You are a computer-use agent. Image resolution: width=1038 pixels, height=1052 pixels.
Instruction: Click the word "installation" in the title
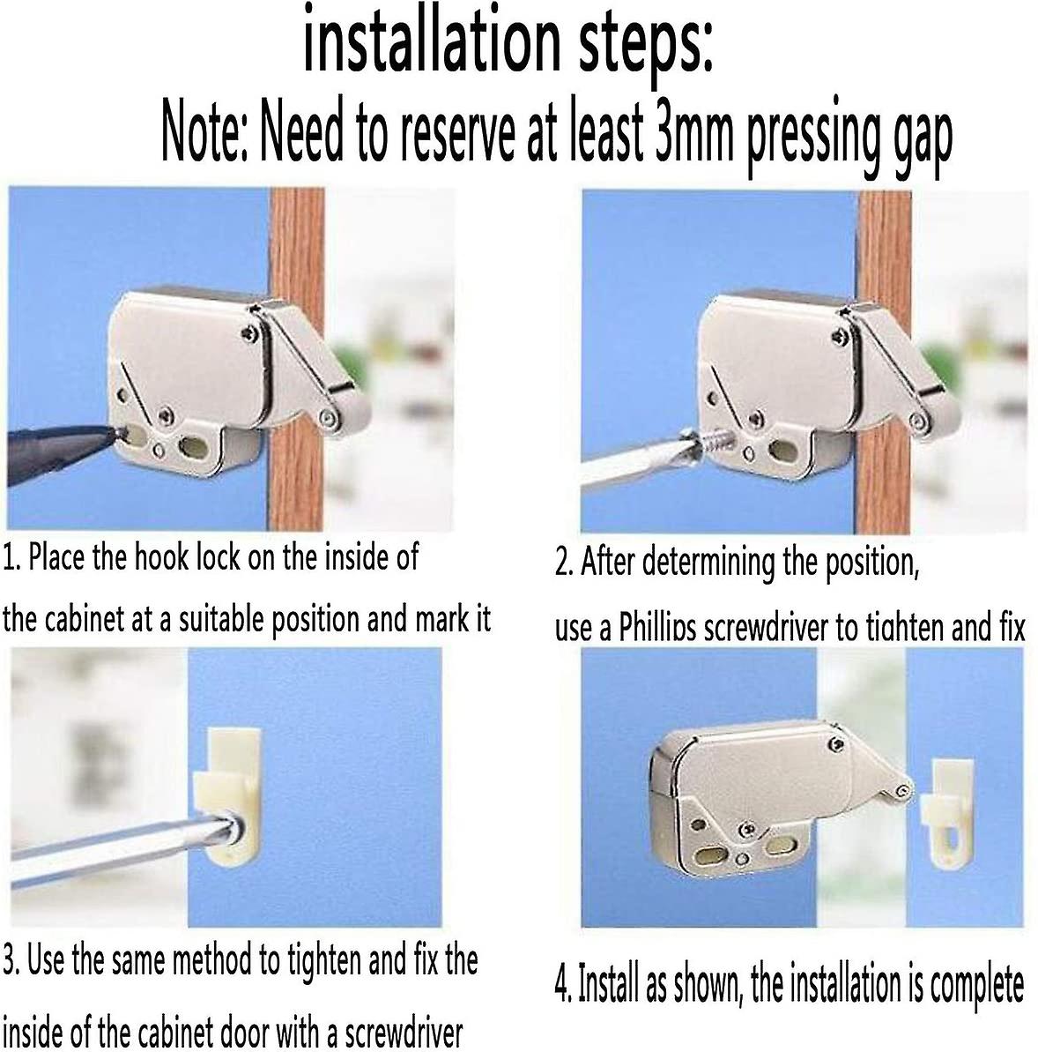click(432, 41)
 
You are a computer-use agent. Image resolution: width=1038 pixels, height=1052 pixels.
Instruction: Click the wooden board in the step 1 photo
click(296, 359)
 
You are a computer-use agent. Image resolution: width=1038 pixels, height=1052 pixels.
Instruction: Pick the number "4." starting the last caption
click(562, 984)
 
